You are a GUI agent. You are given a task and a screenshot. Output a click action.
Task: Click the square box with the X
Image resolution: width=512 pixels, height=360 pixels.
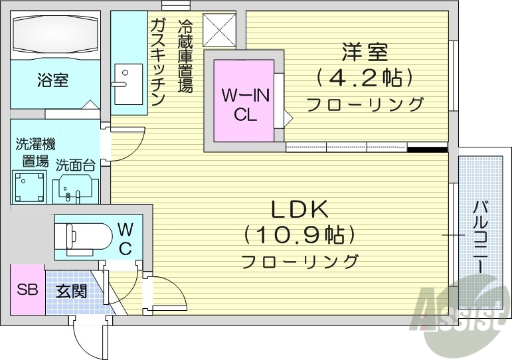(218, 30)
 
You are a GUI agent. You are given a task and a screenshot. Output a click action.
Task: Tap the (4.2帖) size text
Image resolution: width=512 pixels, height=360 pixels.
(365, 78)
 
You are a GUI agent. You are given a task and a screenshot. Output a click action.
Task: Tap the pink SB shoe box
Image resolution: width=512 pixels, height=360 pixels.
(27, 290)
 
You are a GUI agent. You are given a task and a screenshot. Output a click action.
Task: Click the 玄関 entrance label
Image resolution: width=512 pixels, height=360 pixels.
(71, 291)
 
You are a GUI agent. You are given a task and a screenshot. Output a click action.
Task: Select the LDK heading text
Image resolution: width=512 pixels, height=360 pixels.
(299, 209)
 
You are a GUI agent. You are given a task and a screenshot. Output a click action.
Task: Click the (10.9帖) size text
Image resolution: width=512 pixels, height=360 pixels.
(299, 234)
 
